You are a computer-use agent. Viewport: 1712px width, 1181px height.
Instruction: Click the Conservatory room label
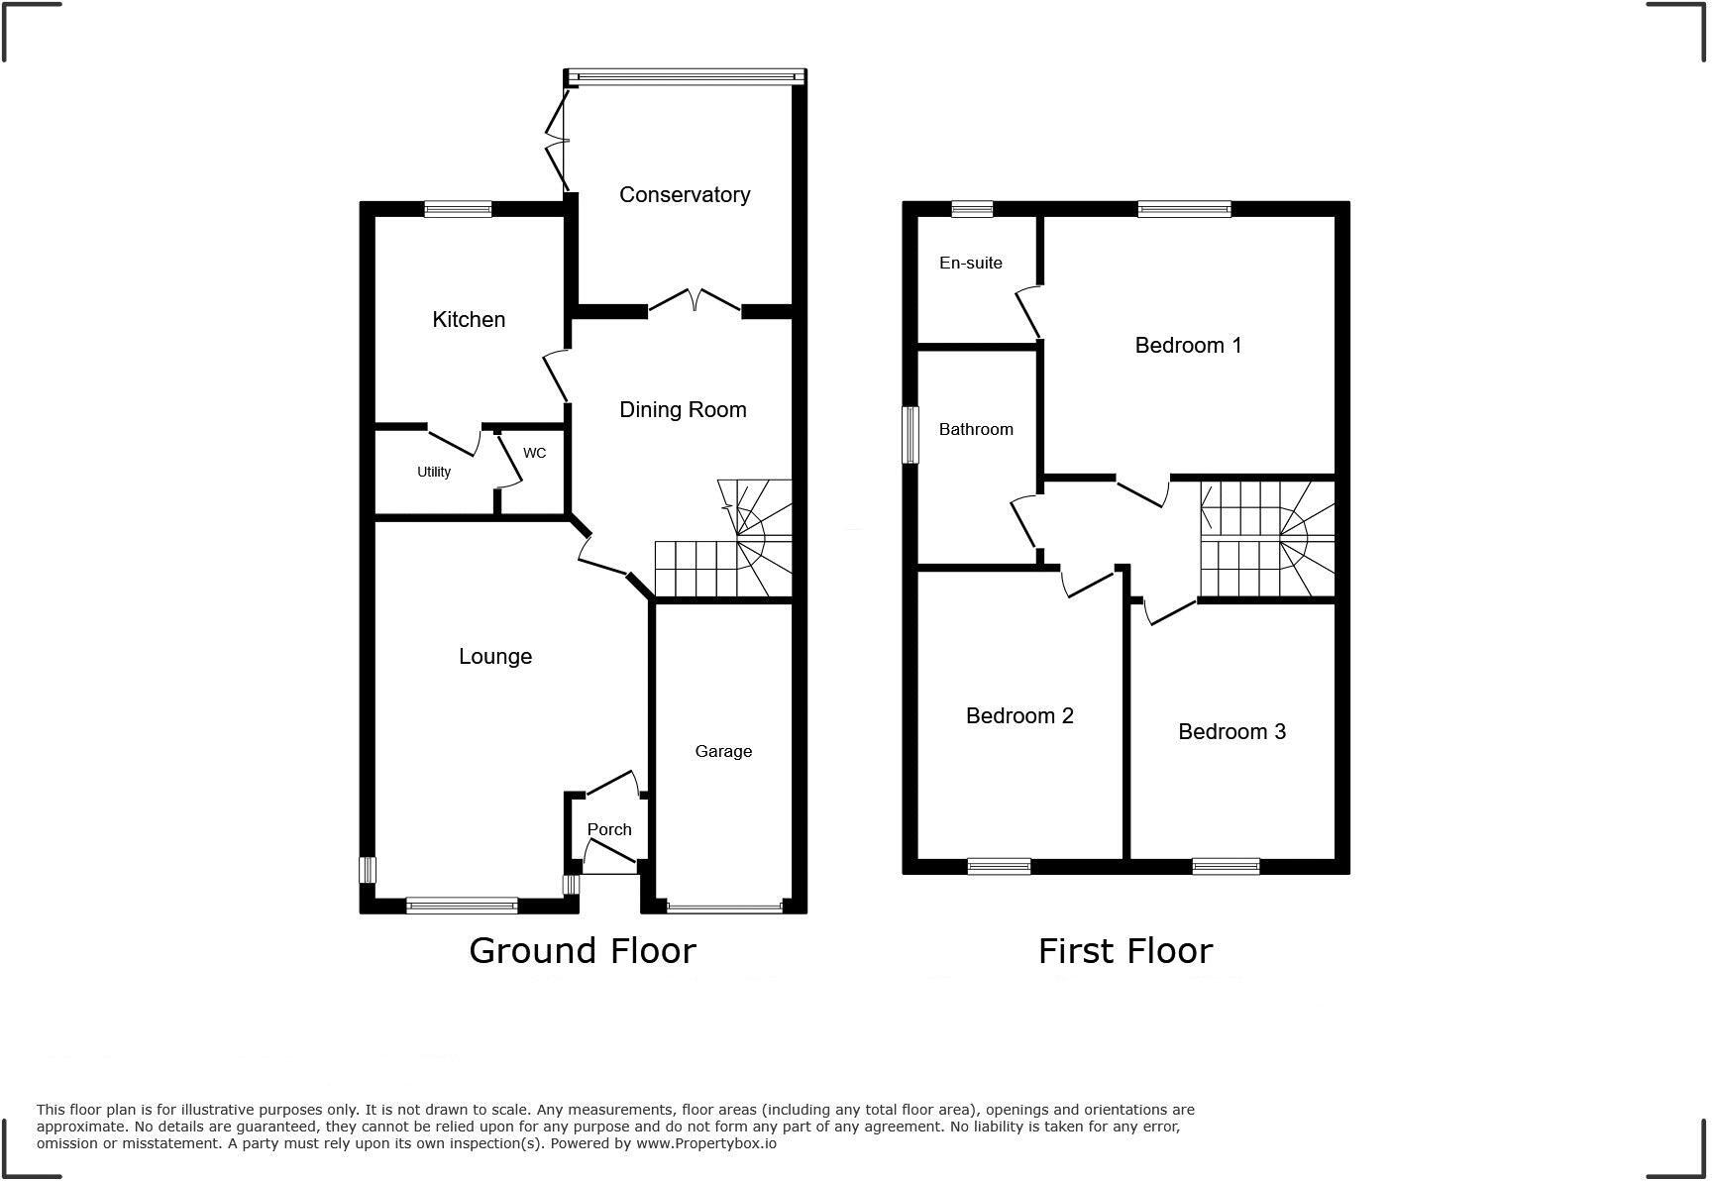point(684,194)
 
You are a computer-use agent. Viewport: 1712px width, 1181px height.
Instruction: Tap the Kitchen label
point(469,319)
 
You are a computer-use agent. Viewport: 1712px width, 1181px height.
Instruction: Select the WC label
point(534,453)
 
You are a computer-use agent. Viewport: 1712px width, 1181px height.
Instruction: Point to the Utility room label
point(434,472)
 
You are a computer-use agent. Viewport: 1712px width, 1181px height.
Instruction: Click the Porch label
point(608,829)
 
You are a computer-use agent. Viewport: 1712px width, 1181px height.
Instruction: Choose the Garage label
point(722,751)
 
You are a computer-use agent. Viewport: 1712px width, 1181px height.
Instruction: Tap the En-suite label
point(970,263)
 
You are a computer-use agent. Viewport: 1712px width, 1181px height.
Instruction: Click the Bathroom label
point(976,429)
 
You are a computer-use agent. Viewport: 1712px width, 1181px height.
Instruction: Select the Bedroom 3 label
point(1231,731)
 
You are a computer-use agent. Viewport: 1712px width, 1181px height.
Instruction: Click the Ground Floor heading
point(583,950)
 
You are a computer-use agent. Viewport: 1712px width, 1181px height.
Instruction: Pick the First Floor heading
point(1124,950)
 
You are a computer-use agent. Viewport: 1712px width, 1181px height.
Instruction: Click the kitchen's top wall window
point(458,209)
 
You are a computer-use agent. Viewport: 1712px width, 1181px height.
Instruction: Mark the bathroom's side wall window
point(909,434)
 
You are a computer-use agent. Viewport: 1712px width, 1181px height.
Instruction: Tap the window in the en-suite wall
point(972,209)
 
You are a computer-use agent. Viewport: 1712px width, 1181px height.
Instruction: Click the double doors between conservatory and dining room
point(695,301)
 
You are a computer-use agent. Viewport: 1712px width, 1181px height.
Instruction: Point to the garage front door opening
point(724,907)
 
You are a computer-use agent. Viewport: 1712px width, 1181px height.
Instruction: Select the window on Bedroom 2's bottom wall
point(999,867)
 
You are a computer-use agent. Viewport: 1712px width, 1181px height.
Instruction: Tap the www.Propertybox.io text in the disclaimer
point(705,1143)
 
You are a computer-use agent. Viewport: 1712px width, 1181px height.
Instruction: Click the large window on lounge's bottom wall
point(462,905)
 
